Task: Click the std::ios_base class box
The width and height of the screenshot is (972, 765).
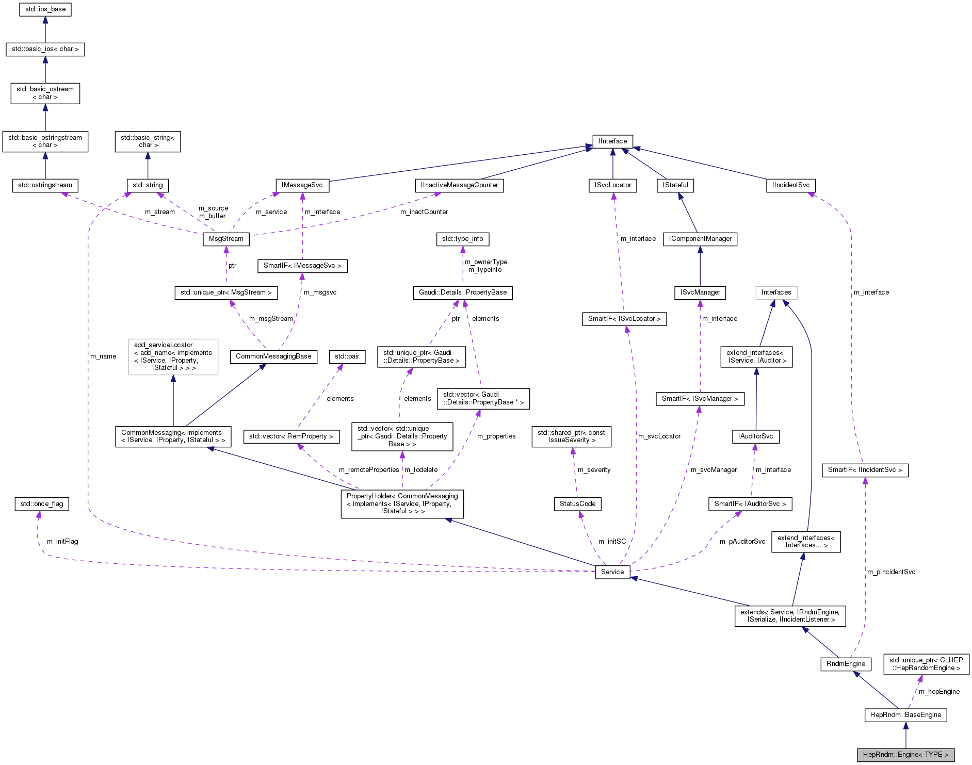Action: point(45,9)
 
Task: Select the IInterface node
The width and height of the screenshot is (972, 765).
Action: point(612,141)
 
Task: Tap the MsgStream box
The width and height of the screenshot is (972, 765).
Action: point(226,239)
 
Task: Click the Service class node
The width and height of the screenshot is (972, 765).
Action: point(612,572)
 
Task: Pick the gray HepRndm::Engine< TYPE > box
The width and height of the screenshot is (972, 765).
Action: point(905,754)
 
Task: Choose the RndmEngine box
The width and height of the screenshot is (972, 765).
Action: point(846,663)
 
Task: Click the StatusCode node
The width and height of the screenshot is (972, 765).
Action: point(577,503)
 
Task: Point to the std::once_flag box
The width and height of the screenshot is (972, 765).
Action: point(42,503)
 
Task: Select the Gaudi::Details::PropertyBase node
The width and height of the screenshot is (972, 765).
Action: point(462,292)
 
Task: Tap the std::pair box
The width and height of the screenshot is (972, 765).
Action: point(347,356)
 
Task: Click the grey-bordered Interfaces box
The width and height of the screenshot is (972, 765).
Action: point(776,292)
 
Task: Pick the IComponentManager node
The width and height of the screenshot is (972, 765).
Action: point(700,239)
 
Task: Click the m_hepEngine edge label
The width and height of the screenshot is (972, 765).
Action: point(939,691)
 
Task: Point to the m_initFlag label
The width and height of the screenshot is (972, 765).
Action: point(62,541)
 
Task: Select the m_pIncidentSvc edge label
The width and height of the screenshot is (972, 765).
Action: point(891,572)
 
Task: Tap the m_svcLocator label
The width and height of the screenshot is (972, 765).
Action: point(659,436)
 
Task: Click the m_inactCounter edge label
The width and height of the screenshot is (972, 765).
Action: point(424,212)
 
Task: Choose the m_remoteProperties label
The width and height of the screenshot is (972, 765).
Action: point(369,469)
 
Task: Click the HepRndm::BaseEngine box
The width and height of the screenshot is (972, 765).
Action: point(905,714)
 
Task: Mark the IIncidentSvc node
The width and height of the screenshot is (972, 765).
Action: point(791,185)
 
